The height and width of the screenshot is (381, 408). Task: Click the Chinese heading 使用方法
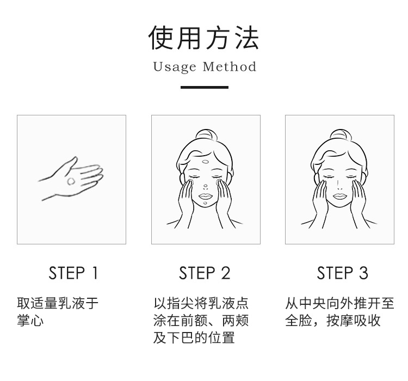click(204, 38)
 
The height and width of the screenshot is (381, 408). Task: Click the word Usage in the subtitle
click(174, 67)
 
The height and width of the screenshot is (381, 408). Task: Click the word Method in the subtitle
click(230, 66)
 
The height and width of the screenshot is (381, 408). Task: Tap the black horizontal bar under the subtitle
click(205, 87)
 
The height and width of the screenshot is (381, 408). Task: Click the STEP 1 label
click(73, 273)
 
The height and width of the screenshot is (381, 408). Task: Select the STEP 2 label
click(205, 273)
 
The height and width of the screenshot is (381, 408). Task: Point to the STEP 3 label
click(342, 273)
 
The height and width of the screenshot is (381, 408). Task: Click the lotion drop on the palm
click(71, 181)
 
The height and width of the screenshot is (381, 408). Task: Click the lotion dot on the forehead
click(205, 162)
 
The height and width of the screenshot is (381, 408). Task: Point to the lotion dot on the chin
click(205, 203)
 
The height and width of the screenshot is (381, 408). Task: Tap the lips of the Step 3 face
click(340, 196)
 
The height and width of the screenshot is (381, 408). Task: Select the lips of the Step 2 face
click(206, 196)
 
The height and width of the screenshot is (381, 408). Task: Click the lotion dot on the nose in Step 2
click(206, 186)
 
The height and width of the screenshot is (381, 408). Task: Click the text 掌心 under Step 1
click(30, 321)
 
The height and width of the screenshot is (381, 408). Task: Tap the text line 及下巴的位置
click(194, 337)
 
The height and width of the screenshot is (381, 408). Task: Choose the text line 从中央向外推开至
click(340, 303)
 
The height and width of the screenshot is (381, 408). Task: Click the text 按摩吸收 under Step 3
click(354, 321)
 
